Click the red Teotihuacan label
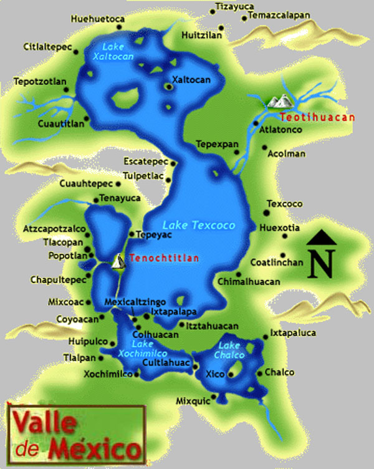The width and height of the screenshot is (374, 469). point(317,117)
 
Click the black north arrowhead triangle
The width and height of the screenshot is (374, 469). point(321,238)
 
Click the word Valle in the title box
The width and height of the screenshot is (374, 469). point(44,424)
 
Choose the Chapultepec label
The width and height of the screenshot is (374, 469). point(58,280)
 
